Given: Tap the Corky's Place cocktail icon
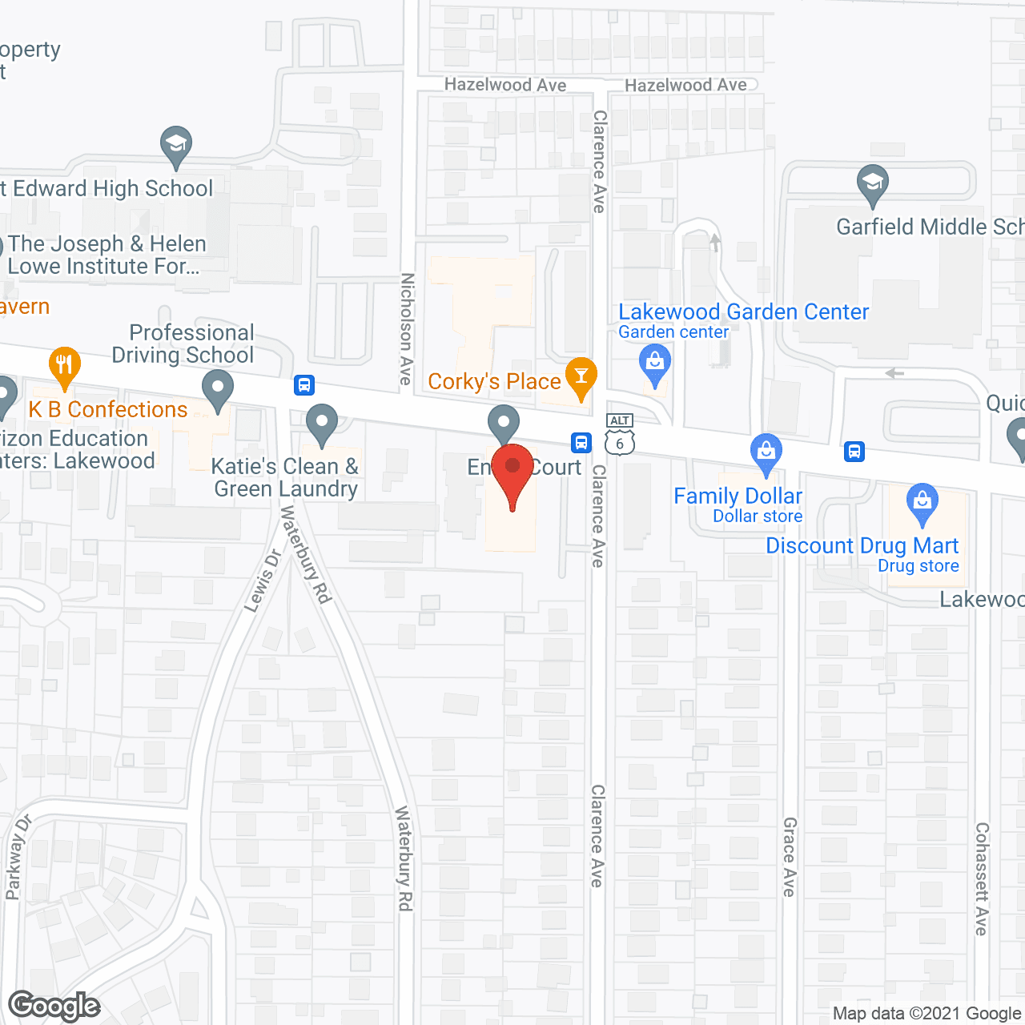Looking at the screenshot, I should [581, 376].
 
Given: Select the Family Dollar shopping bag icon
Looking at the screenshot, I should [766, 452].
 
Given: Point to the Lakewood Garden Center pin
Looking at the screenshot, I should [655, 363].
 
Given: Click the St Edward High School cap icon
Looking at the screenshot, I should [175, 145].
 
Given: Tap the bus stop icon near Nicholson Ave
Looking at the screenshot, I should [304, 385].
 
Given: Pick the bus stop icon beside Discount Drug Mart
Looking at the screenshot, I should [854, 452].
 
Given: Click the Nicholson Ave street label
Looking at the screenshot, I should [407, 329].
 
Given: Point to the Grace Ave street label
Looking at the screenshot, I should [790, 857].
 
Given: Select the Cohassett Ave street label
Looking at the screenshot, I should [982, 878].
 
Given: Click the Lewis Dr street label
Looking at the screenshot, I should [263, 581].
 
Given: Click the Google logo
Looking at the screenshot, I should [54, 1006].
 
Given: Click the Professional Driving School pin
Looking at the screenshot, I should [217, 390].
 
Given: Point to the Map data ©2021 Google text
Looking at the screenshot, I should [927, 1014].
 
